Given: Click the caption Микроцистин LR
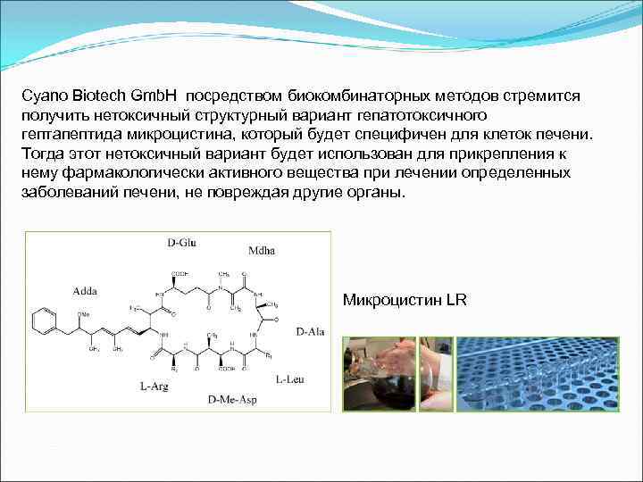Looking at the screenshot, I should coord(405,300).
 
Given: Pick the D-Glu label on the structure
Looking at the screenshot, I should coord(182,243).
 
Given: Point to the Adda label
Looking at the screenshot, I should coord(87,290).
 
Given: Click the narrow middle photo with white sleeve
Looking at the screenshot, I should coord(436,373).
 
